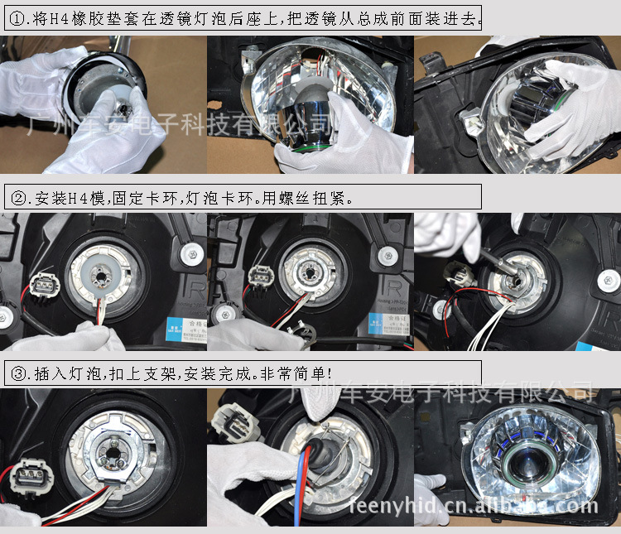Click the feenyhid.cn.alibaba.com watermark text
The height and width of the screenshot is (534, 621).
tap(473, 505)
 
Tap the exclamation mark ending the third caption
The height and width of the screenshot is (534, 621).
tap(333, 373)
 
